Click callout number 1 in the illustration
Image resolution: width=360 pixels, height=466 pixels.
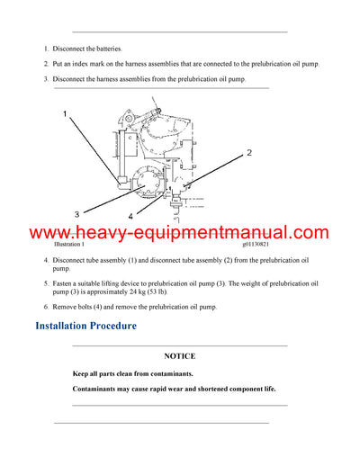pyautogui.click(x=65, y=114)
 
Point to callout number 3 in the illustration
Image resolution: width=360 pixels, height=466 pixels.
pyautogui.click(x=76, y=213)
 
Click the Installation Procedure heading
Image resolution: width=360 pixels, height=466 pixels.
pyautogui.click(x=85, y=325)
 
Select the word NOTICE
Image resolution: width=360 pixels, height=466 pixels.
pyautogui.click(x=179, y=356)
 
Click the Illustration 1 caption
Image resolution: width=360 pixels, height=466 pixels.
pyautogui.click(x=69, y=245)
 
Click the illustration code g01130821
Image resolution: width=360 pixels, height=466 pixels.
pyautogui.click(x=259, y=245)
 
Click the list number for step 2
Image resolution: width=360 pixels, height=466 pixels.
pyautogui.click(x=46, y=64)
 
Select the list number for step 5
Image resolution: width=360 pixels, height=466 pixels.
pyautogui.click(x=46, y=283)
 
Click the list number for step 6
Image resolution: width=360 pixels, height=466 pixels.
pyautogui.click(x=46, y=307)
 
